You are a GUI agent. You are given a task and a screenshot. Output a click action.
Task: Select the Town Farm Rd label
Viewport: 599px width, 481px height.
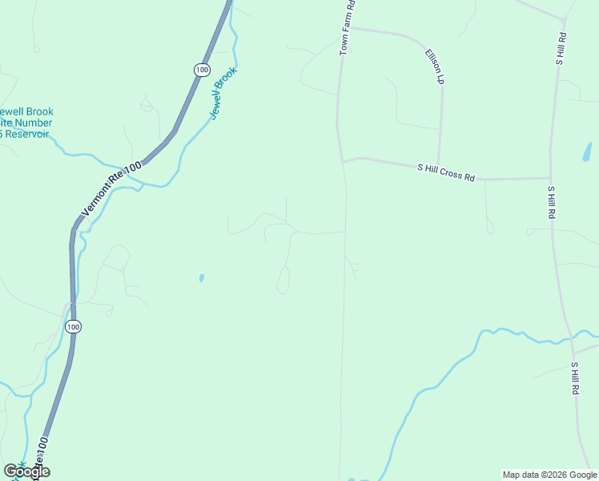348,28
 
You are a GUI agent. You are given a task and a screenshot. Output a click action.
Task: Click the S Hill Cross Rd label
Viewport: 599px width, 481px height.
446,172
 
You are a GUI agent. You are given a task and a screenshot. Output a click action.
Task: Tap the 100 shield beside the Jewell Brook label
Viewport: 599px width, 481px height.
202,71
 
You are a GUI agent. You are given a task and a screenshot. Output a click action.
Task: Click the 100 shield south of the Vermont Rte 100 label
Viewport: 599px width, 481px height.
73,326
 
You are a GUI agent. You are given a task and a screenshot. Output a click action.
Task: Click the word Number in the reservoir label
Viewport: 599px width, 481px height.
35,123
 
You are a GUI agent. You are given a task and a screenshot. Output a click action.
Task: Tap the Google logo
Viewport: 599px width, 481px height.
27,471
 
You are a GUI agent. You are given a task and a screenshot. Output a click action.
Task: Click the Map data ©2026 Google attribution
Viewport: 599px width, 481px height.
549,475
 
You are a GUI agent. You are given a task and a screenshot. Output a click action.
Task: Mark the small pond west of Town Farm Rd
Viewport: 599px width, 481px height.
201,278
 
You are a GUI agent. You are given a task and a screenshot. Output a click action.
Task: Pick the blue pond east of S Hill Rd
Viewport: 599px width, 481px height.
587,152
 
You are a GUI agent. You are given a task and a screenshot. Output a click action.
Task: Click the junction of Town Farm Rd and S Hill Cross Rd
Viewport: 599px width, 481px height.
343,161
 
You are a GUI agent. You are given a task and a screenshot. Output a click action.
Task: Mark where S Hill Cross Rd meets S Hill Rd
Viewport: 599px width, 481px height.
549,178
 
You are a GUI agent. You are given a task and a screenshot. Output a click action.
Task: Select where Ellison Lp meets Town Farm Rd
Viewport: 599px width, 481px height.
347,29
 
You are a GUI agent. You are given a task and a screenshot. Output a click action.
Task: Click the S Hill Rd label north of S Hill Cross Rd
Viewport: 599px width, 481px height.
561,48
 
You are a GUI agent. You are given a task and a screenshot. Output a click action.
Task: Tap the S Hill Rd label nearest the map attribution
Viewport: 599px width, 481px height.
575,378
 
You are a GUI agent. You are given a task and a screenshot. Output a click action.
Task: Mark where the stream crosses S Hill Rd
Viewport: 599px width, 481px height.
572,339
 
